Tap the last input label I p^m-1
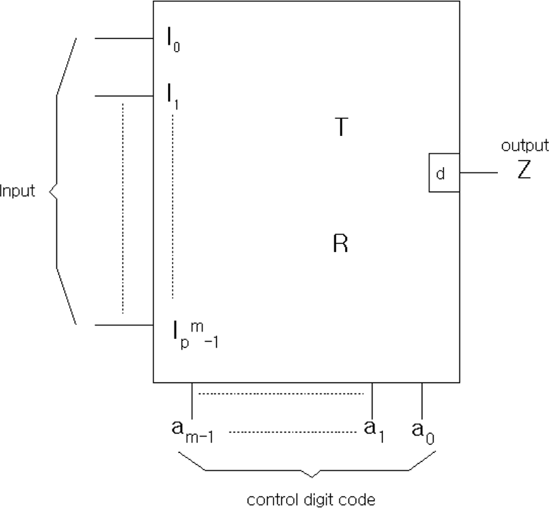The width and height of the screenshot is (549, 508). [195, 335]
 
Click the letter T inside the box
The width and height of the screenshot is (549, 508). [341, 127]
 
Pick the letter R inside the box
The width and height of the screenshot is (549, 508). [341, 243]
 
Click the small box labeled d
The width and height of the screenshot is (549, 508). [444, 172]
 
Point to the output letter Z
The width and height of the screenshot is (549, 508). [524, 170]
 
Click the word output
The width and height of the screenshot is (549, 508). [525, 145]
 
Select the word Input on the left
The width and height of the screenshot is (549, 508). [17, 191]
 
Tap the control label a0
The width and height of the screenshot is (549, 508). [423, 432]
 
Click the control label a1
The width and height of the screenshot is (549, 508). [374, 431]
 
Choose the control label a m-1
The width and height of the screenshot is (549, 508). [193, 432]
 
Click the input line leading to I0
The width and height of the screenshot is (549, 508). [124, 38]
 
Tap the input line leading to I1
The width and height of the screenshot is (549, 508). [124, 96]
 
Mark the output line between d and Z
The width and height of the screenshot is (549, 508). [479, 172]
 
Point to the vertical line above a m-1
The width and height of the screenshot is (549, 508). [192, 401]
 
